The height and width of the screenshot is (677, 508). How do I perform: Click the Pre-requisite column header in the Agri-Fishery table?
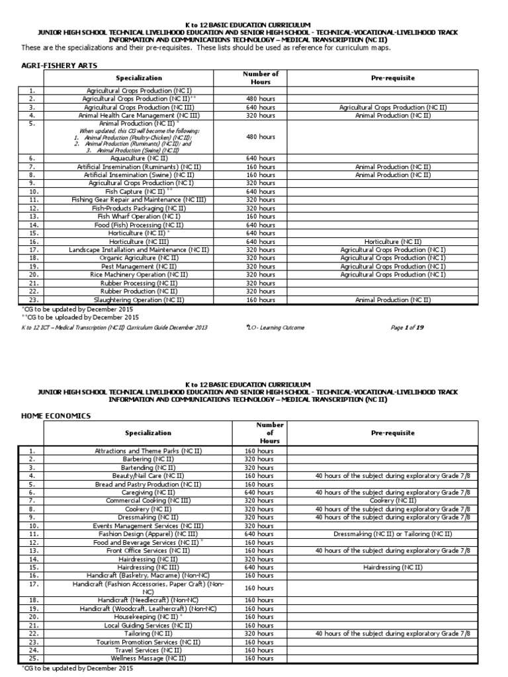click(392, 78)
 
